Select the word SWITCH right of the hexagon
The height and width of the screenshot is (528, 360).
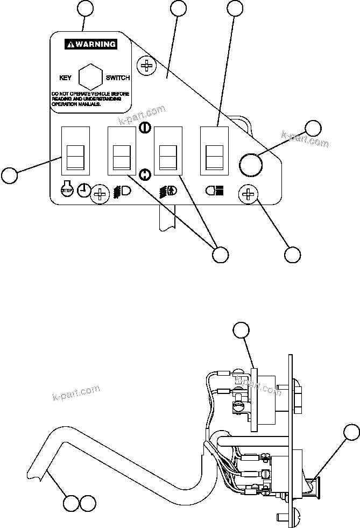point(117,78)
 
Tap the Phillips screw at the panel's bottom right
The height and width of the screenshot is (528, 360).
point(249,194)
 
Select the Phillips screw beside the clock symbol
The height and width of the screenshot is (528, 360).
point(101,194)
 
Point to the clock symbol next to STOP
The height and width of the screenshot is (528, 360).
point(84,190)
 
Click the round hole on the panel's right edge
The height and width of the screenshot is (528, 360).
point(250,165)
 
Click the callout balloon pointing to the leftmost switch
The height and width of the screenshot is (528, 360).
point(9,175)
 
